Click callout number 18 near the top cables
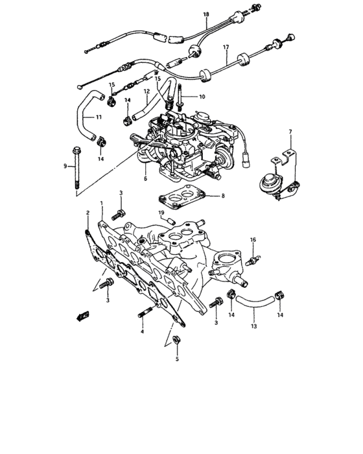click(x=206, y=14)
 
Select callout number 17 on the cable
click(x=226, y=48)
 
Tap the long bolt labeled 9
click(x=78, y=171)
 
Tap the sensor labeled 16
click(x=254, y=260)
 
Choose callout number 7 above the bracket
click(x=290, y=132)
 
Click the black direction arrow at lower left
click(x=81, y=316)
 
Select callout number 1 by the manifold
click(x=101, y=204)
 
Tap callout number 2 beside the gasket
click(x=87, y=212)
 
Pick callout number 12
click(x=146, y=91)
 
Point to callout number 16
click(x=253, y=239)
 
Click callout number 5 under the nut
click(x=176, y=359)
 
